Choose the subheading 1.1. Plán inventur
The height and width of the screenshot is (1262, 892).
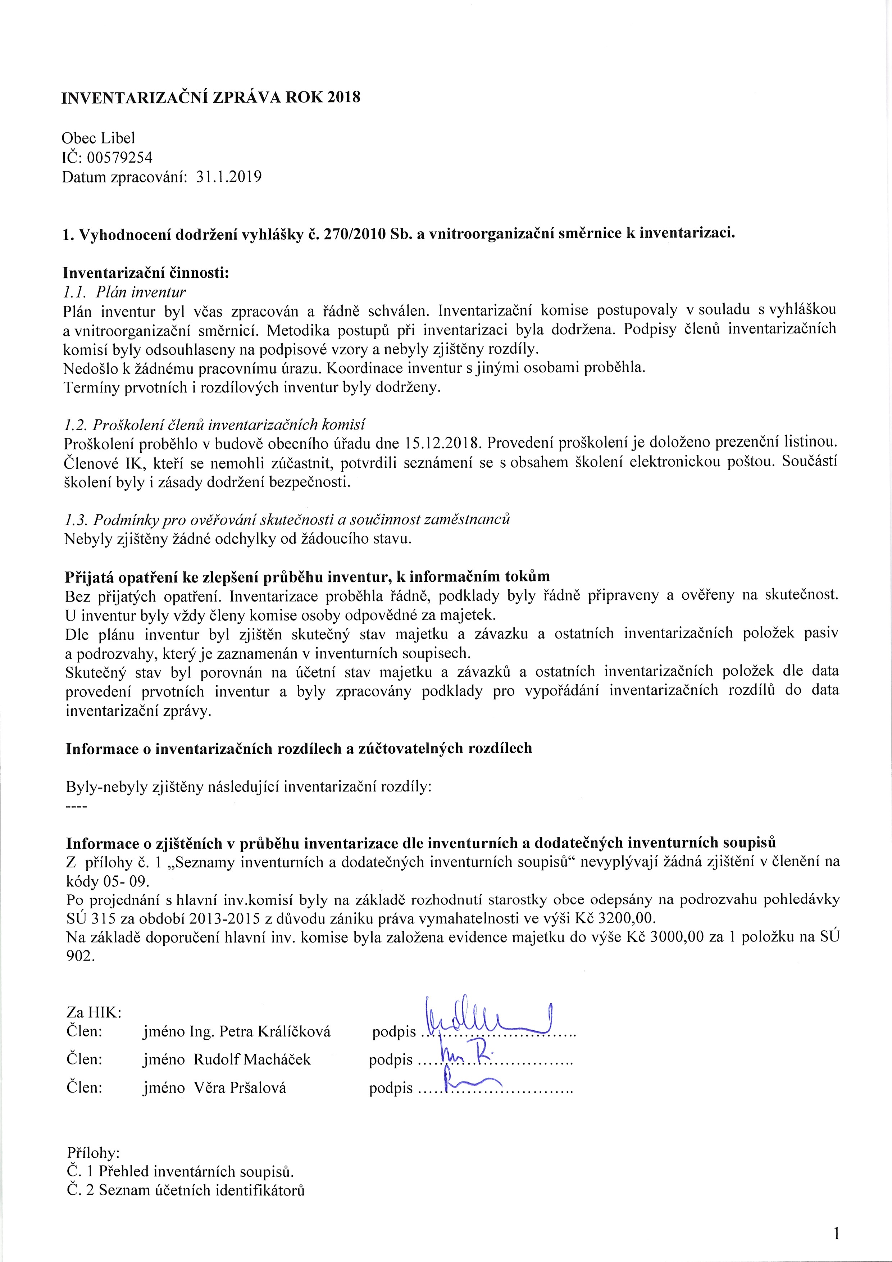click(125, 292)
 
